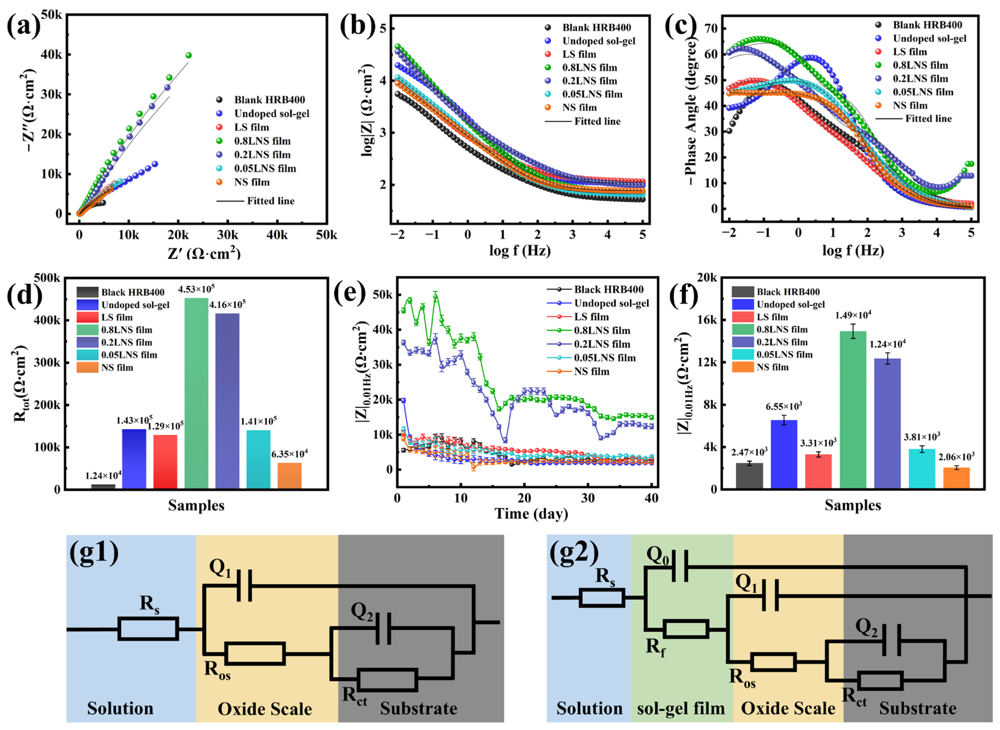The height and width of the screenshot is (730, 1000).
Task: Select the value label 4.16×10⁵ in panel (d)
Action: [228, 304]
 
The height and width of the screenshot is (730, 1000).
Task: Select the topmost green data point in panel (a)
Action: [189, 55]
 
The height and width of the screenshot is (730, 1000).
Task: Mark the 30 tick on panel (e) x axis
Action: [587, 498]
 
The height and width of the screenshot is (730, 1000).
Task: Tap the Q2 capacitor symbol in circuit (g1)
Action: [383, 628]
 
